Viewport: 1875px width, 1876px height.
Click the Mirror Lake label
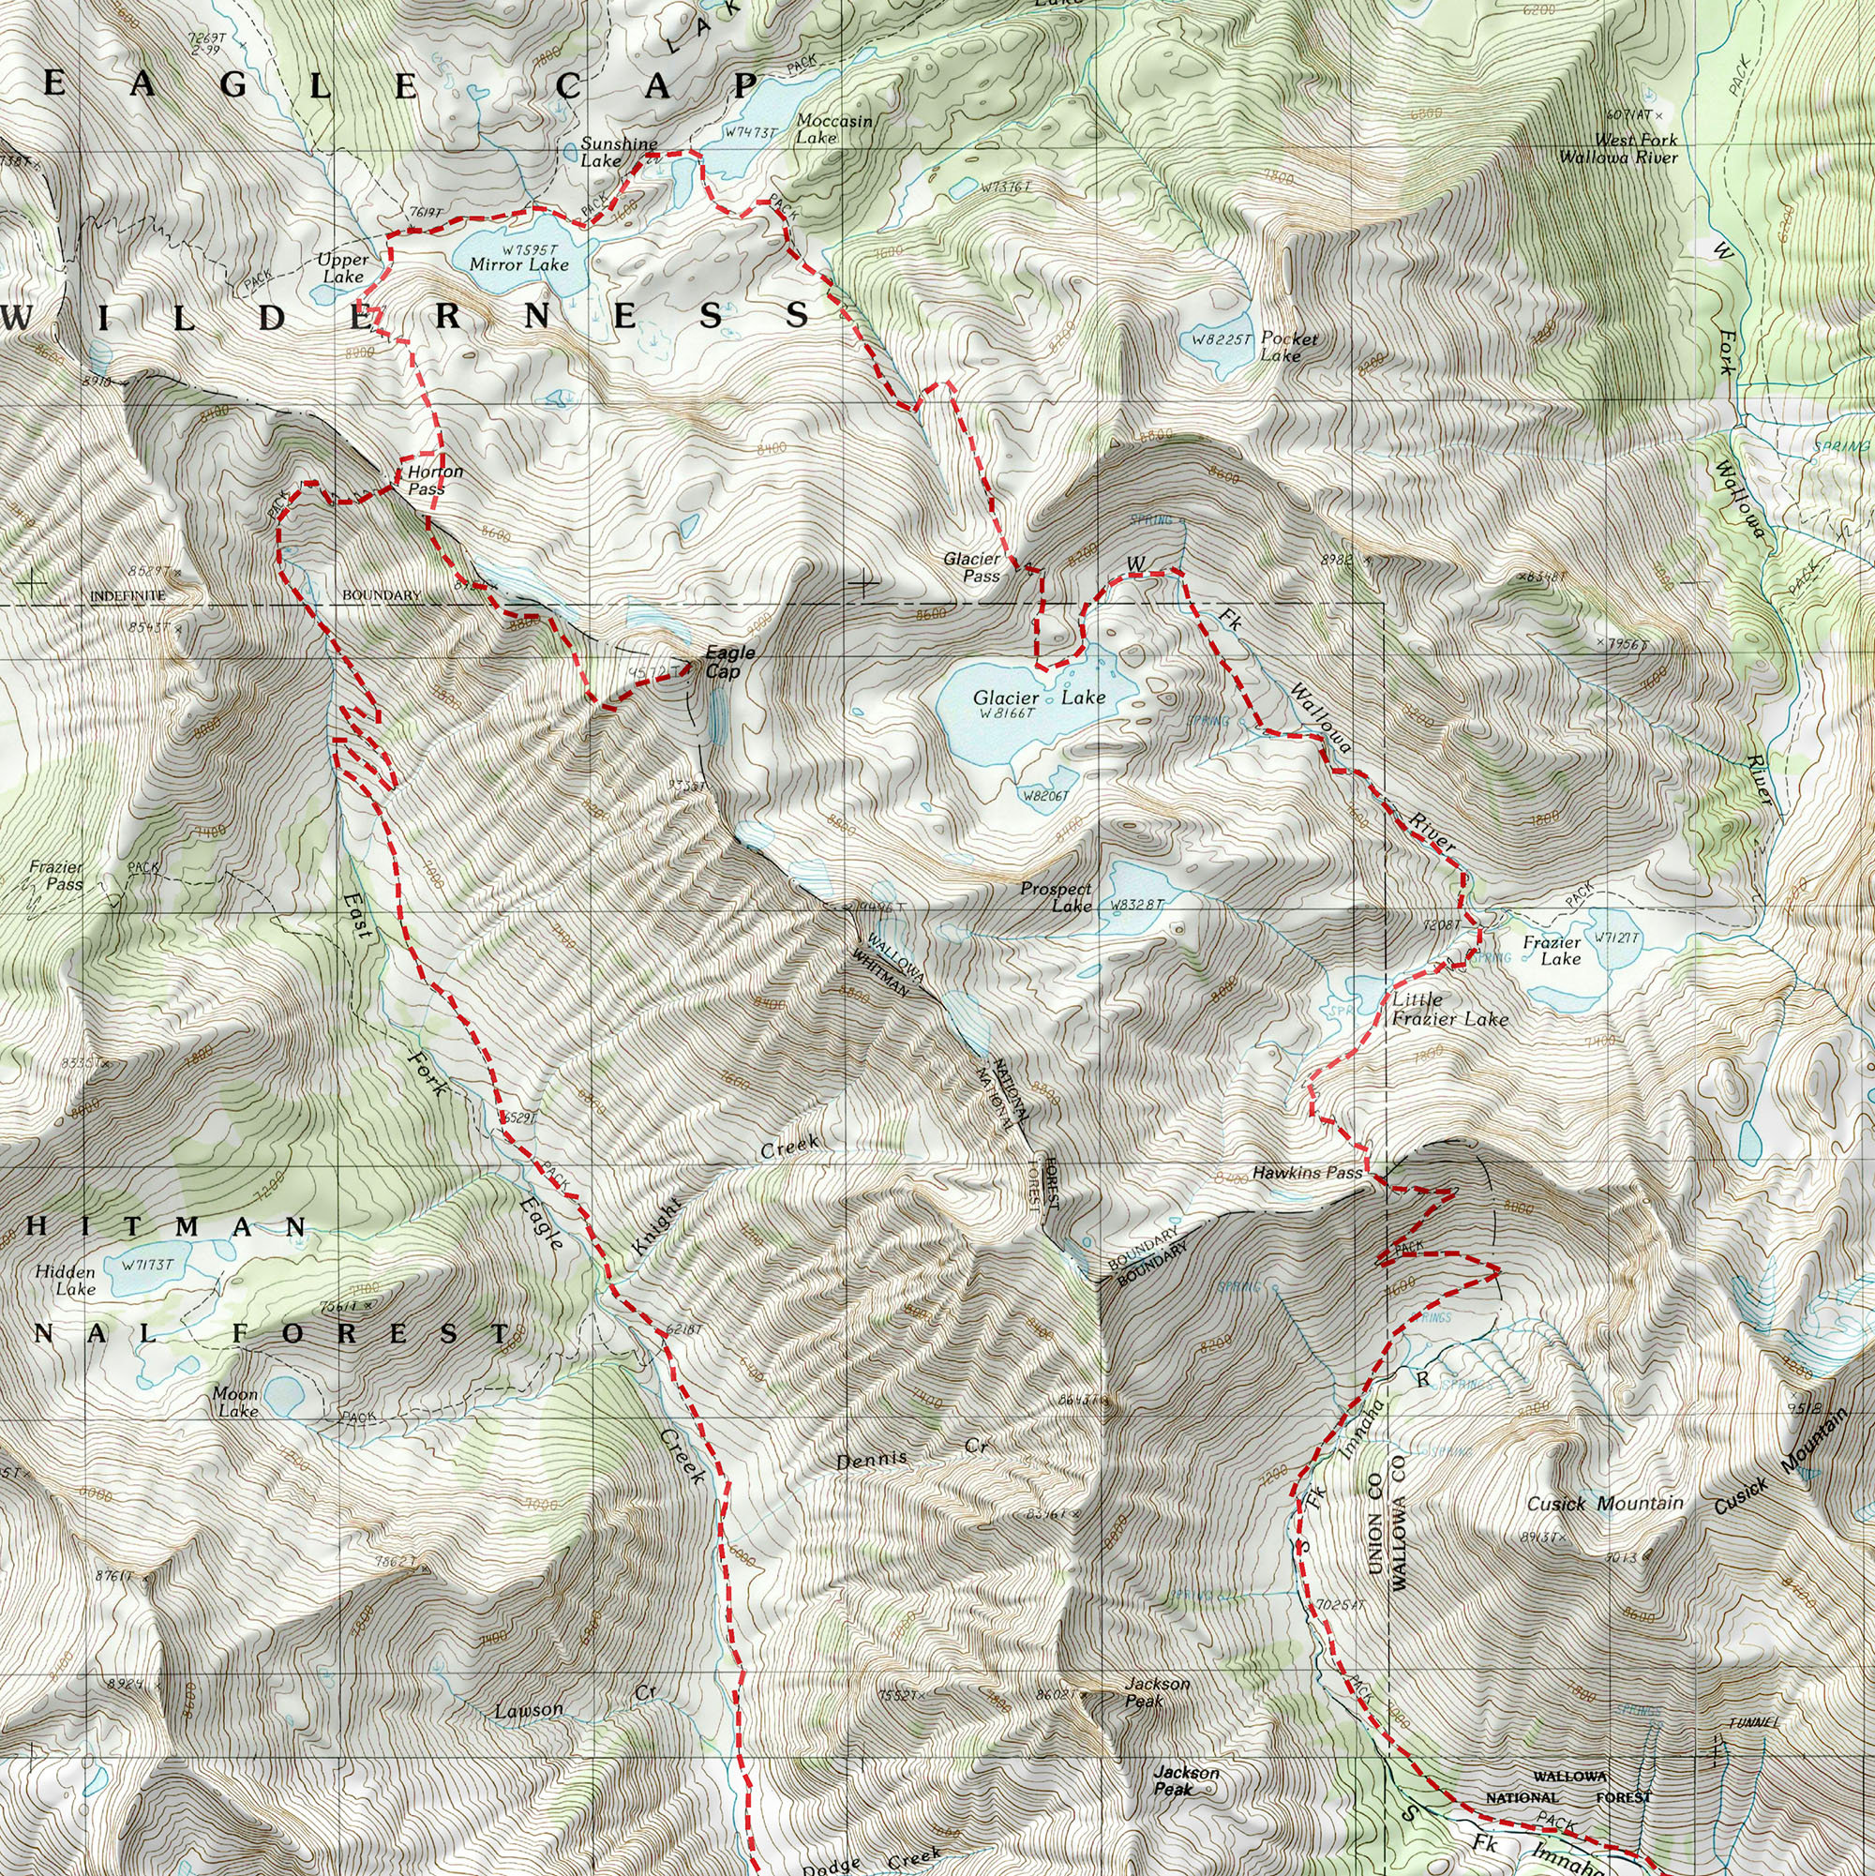coord(518,264)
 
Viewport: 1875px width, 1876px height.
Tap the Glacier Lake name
coord(1038,698)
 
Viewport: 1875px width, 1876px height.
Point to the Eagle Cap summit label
coord(728,662)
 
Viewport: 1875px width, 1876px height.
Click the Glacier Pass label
coord(971,567)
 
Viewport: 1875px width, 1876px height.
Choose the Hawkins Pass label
coord(1306,1173)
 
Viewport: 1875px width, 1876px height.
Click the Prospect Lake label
coord(1056,896)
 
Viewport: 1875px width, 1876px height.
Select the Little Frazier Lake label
coord(1448,1009)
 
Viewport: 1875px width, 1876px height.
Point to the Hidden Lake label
coord(65,1280)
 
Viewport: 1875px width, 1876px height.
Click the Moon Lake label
coord(235,1402)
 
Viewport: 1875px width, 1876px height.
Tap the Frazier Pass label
coord(55,875)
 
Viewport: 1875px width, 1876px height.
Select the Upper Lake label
coord(343,268)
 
